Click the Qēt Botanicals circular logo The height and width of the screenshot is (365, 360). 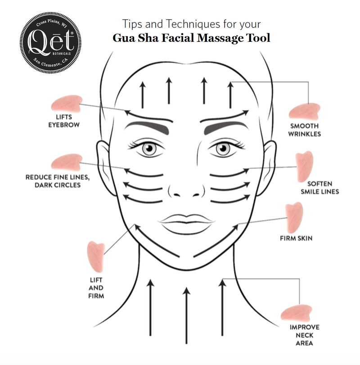[50, 43]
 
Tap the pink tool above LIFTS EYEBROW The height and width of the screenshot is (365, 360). [67, 104]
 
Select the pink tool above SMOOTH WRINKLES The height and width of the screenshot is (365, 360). [304, 112]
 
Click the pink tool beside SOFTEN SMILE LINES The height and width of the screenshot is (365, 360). [304, 166]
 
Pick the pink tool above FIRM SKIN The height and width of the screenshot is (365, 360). [294, 217]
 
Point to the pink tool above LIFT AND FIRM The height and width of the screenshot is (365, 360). [96, 257]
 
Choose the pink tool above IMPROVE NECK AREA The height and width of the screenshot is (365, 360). [296, 313]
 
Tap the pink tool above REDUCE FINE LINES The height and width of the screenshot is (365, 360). [67, 162]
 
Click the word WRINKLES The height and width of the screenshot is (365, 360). [304, 134]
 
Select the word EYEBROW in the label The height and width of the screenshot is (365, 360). [64, 125]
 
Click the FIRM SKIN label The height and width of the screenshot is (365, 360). [296, 239]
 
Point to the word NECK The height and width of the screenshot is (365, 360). [304, 335]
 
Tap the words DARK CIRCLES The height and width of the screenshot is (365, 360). [58, 185]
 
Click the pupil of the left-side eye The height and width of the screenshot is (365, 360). [149, 148]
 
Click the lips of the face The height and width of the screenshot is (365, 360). [186, 224]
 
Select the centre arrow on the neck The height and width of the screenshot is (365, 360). [186, 315]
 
